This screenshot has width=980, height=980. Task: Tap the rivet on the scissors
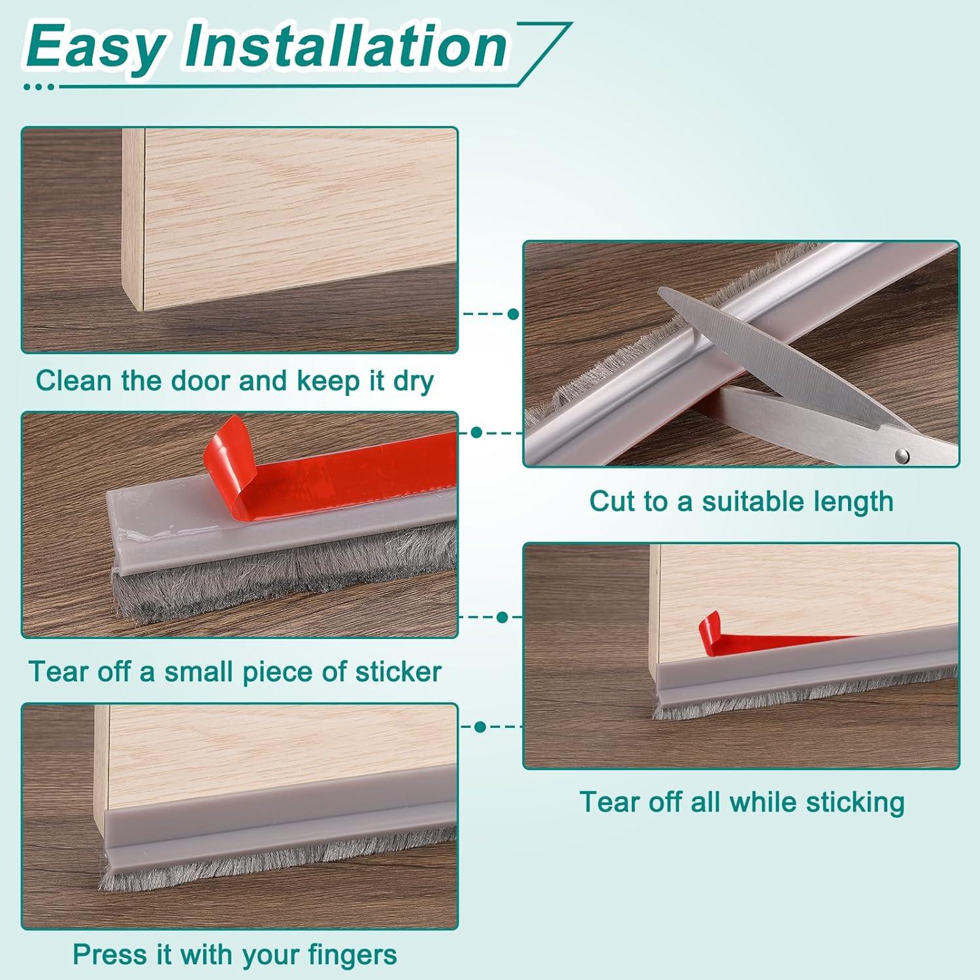[x=902, y=453]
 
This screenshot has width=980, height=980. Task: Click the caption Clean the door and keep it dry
[x=235, y=381]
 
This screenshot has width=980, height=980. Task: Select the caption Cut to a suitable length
[x=741, y=502]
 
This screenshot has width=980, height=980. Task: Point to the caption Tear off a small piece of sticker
[x=235, y=672]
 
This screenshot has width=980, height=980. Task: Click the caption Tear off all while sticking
[x=742, y=802]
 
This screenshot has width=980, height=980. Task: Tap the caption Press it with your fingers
[x=235, y=955]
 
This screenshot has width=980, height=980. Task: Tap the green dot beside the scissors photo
[x=514, y=314]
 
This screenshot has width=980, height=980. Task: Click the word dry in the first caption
[x=413, y=381]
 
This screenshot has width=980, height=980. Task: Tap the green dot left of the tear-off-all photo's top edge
[x=502, y=617]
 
